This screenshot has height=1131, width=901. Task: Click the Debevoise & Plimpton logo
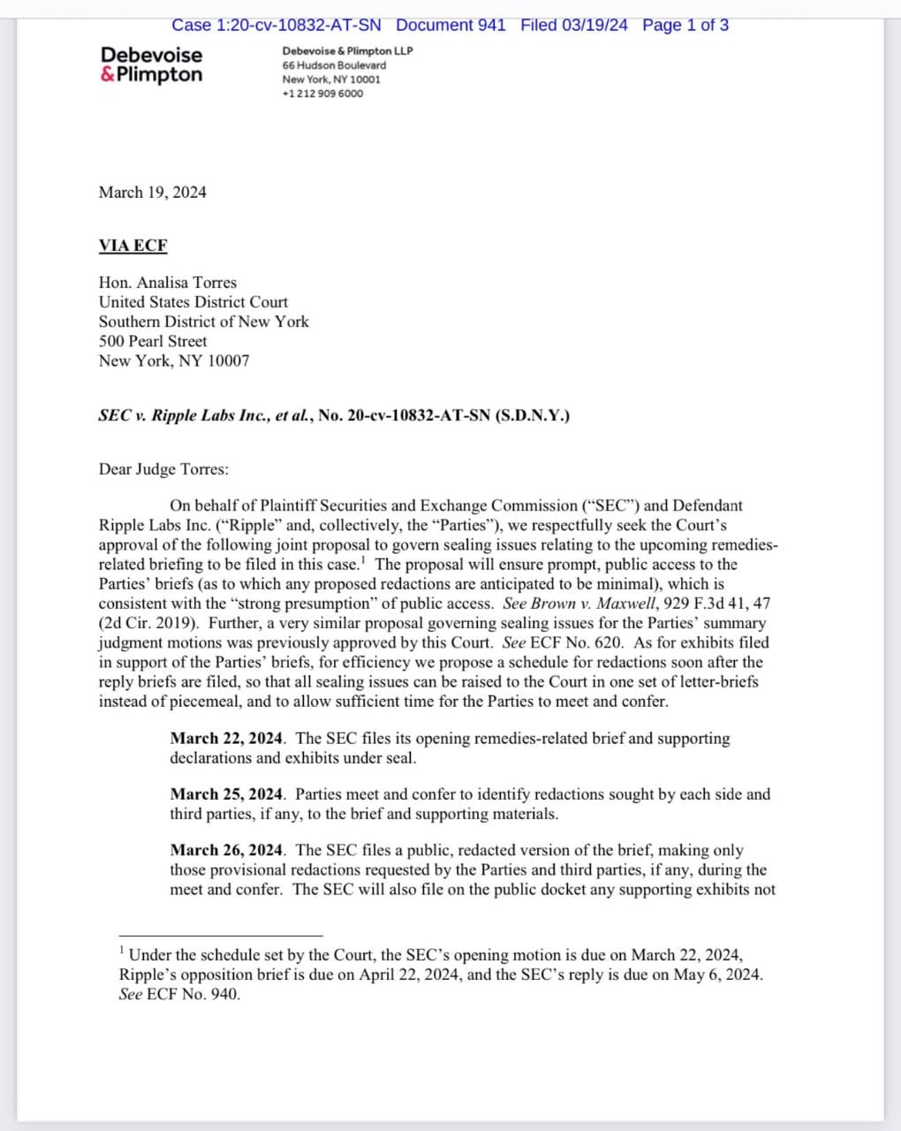click(x=151, y=65)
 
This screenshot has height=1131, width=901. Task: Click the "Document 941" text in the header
click(x=450, y=25)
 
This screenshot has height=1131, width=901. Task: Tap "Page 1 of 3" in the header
click(x=685, y=25)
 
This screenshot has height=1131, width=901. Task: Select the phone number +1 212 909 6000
click(x=322, y=94)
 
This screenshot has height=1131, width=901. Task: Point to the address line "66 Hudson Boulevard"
click(x=334, y=65)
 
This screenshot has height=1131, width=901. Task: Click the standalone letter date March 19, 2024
click(x=152, y=193)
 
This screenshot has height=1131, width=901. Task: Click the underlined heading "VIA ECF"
click(x=132, y=246)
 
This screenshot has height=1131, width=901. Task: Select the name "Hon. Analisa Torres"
click(x=168, y=283)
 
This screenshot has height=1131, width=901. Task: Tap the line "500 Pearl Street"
click(x=153, y=341)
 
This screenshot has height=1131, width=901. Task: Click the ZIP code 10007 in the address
click(x=229, y=361)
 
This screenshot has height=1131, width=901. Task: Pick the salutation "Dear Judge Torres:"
click(x=163, y=469)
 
